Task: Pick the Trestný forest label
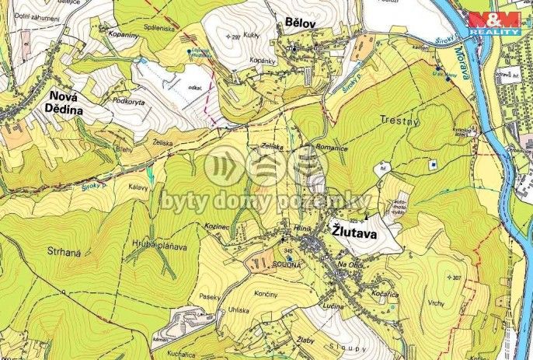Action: pos(399,120)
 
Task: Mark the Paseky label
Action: pos(210,295)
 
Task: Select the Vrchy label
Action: pos(435,303)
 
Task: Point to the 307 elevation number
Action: pos(455,278)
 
